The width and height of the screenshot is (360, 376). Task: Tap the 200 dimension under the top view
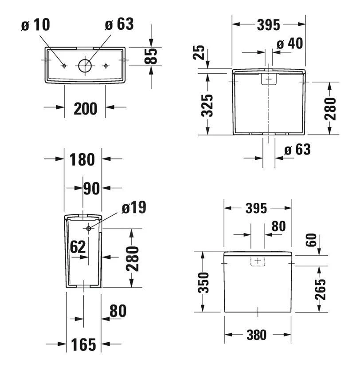pyautogui.click(x=85, y=108)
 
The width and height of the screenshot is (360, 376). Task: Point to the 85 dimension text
pyautogui.click(x=152, y=56)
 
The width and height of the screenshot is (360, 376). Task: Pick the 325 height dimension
pyautogui.click(x=207, y=105)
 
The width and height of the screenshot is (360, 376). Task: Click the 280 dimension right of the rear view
pyautogui.click(x=331, y=108)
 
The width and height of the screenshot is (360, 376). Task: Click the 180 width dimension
pyautogui.click(x=83, y=159)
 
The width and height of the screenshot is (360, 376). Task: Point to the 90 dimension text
pyautogui.click(x=92, y=189)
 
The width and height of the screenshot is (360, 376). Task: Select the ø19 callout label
pyautogui.click(x=133, y=207)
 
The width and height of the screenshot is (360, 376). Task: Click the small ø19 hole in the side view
pyautogui.click(x=89, y=228)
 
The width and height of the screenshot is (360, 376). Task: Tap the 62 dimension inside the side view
pyautogui.click(x=77, y=247)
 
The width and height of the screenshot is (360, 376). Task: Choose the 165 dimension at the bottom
pyautogui.click(x=83, y=344)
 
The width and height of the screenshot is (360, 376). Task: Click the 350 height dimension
pyautogui.click(x=203, y=283)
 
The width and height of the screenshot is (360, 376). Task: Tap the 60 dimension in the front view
pyautogui.click(x=312, y=240)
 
